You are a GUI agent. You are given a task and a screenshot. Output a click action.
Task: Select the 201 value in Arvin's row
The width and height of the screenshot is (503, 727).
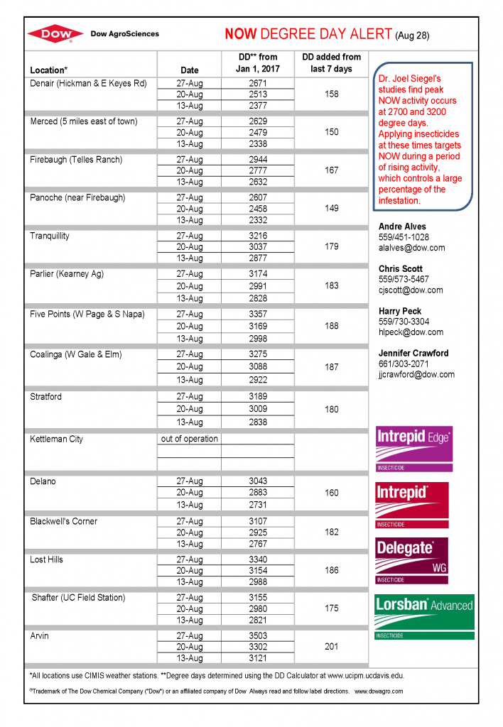[331, 647]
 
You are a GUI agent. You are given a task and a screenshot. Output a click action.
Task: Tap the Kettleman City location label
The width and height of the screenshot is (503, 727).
[56, 439]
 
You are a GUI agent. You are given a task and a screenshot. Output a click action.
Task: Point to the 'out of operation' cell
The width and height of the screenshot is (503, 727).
[190, 439]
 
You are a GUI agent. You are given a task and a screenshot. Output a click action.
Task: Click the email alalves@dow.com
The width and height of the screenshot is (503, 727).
[411, 248]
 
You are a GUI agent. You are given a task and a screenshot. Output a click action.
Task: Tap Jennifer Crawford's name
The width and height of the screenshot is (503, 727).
[413, 353]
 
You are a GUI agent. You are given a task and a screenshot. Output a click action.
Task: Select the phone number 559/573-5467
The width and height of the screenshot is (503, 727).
[404, 280]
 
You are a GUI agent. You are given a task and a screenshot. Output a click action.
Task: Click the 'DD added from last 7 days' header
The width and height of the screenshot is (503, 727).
[331, 62]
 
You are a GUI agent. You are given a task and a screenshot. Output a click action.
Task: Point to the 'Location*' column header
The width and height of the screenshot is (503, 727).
[49, 70]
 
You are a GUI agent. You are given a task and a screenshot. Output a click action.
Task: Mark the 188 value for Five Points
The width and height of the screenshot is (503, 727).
[331, 327]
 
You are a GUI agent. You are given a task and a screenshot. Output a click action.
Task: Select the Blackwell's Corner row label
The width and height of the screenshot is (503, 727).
[64, 521]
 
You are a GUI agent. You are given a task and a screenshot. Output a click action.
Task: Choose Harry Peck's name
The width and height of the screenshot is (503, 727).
[400, 311]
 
